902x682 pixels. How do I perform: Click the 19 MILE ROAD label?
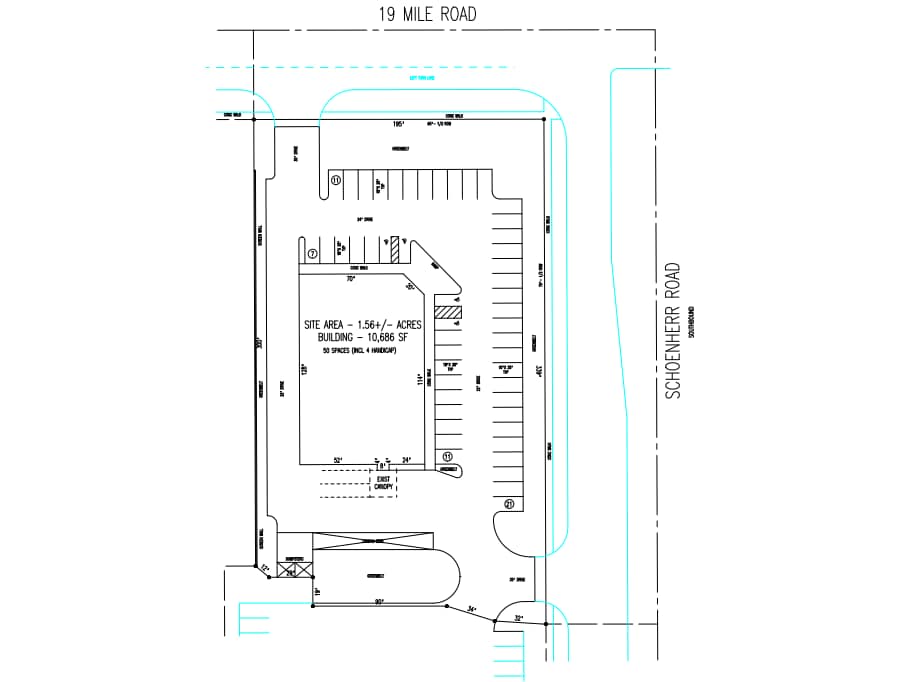coord(427,14)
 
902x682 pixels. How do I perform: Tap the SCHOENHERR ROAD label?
coord(673,332)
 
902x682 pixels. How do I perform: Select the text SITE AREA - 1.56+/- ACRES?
coord(364,326)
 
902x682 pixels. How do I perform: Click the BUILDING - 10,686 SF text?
coord(364,340)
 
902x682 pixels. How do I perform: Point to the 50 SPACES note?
coord(364,353)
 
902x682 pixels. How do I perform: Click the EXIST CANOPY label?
coord(382,485)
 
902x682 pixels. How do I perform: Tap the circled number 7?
coord(312,254)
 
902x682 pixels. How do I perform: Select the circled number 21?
coord(509,503)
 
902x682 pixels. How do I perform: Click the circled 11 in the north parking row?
coord(336,180)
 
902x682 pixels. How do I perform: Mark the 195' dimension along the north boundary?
coord(397,125)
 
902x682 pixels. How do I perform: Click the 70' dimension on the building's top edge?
coord(351,279)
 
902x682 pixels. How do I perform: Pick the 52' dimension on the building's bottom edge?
coord(337,460)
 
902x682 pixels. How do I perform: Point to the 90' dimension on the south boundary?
coord(380,601)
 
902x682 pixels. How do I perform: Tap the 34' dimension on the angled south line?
coord(472,608)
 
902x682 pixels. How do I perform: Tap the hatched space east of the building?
coord(449,312)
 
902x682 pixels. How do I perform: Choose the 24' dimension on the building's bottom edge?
coord(406,460)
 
